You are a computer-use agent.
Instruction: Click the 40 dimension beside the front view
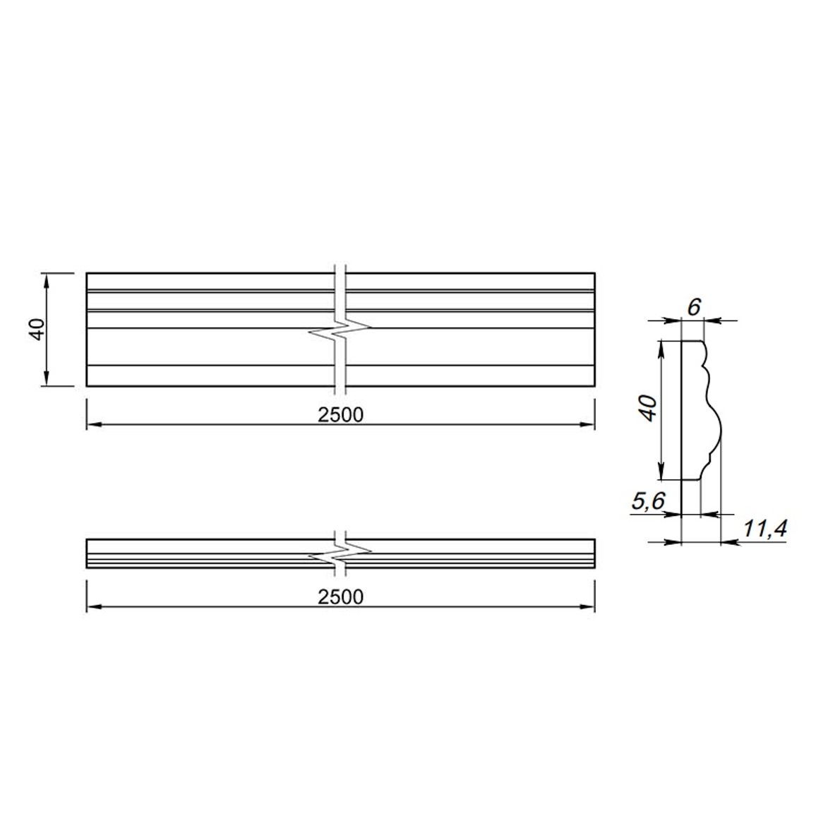tap(38, 329)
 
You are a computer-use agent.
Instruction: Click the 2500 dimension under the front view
tap(340, 415)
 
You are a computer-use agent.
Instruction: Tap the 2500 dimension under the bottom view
tap(340, 597)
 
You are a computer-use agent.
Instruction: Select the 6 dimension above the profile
tap(694, 308)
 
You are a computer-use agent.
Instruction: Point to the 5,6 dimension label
tap(649, 501)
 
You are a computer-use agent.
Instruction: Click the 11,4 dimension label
tap(764, 528)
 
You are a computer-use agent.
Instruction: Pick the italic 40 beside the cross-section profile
tap(649, 408)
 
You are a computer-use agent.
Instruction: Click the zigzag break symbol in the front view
tap(340, 330)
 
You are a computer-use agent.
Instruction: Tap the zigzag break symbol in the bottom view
tap(340, 553)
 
